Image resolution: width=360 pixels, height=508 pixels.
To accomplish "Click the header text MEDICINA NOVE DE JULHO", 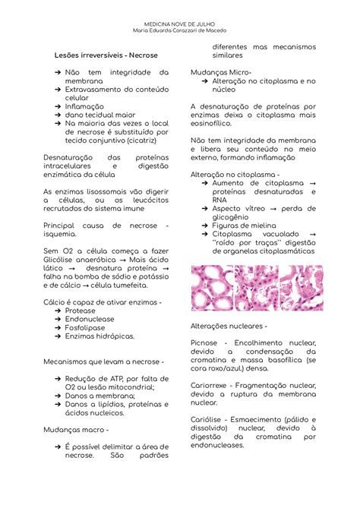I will pos(179,24).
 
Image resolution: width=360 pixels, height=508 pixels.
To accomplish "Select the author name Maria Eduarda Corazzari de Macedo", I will pos(179,31).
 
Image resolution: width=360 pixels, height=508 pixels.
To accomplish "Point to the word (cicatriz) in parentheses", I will pos(148,140).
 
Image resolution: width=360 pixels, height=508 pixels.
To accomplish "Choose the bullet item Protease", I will pos(81,311).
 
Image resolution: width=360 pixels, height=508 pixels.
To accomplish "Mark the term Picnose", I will pos(206,343).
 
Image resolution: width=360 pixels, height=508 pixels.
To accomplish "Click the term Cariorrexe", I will pos(211,386).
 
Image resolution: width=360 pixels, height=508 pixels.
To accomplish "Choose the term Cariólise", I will pos(209,420).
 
